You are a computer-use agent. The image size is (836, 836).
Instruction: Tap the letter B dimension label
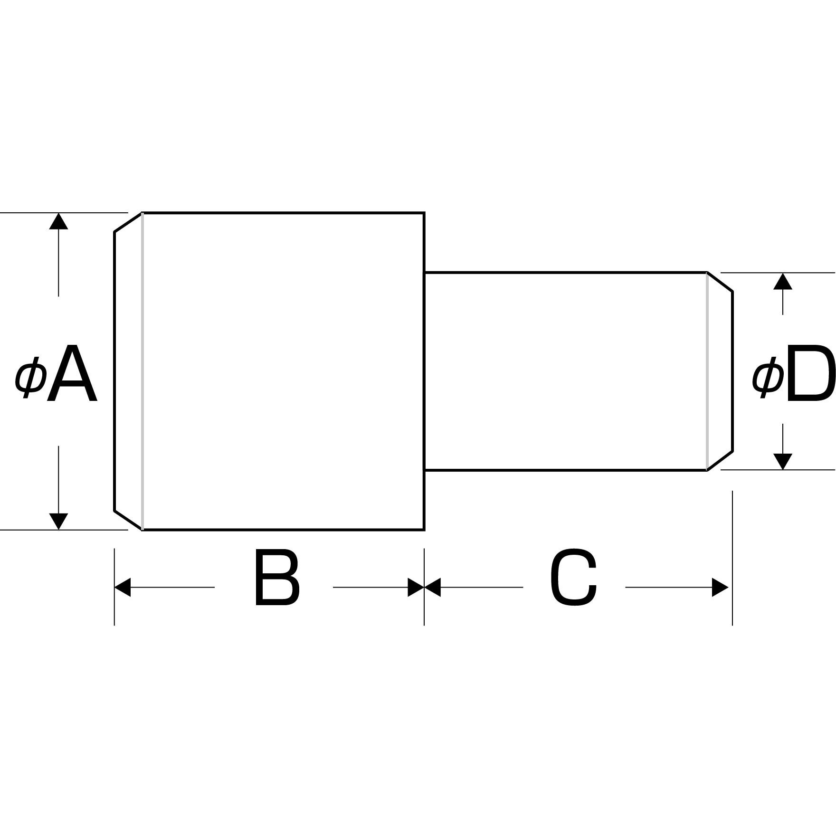(x=277, y=578)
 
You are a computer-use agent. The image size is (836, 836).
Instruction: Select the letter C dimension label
(x=573, y=578)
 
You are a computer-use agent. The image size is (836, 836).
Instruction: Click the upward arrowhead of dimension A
(x=58, y=221)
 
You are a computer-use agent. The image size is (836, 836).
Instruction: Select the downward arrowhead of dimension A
(x=58, y=522)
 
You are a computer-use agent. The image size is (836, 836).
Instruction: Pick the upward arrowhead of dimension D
(x=783, y=281)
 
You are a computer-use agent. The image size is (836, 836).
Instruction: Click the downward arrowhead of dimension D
(x=783, y=462)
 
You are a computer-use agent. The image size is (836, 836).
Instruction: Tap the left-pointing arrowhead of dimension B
(x=123, y=588)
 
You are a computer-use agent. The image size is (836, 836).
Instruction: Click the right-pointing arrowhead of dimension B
(x=416, y=588)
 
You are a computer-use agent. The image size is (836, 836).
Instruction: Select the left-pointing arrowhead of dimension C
(x=433, y=588)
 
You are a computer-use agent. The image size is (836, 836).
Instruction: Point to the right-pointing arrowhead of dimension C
(x=721, y=588)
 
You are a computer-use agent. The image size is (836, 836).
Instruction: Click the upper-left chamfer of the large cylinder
(x=128, y=222)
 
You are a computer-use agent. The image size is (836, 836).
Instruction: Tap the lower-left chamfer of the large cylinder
(x=128, y=520)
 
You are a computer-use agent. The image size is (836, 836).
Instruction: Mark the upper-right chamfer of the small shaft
(x=720, y=282)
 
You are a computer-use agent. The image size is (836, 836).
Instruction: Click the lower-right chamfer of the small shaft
(x=720, y=461)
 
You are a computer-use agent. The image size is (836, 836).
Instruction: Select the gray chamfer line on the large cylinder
(x=142, y=371)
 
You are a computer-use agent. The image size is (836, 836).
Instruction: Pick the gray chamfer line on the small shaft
(x=707, y=371)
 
